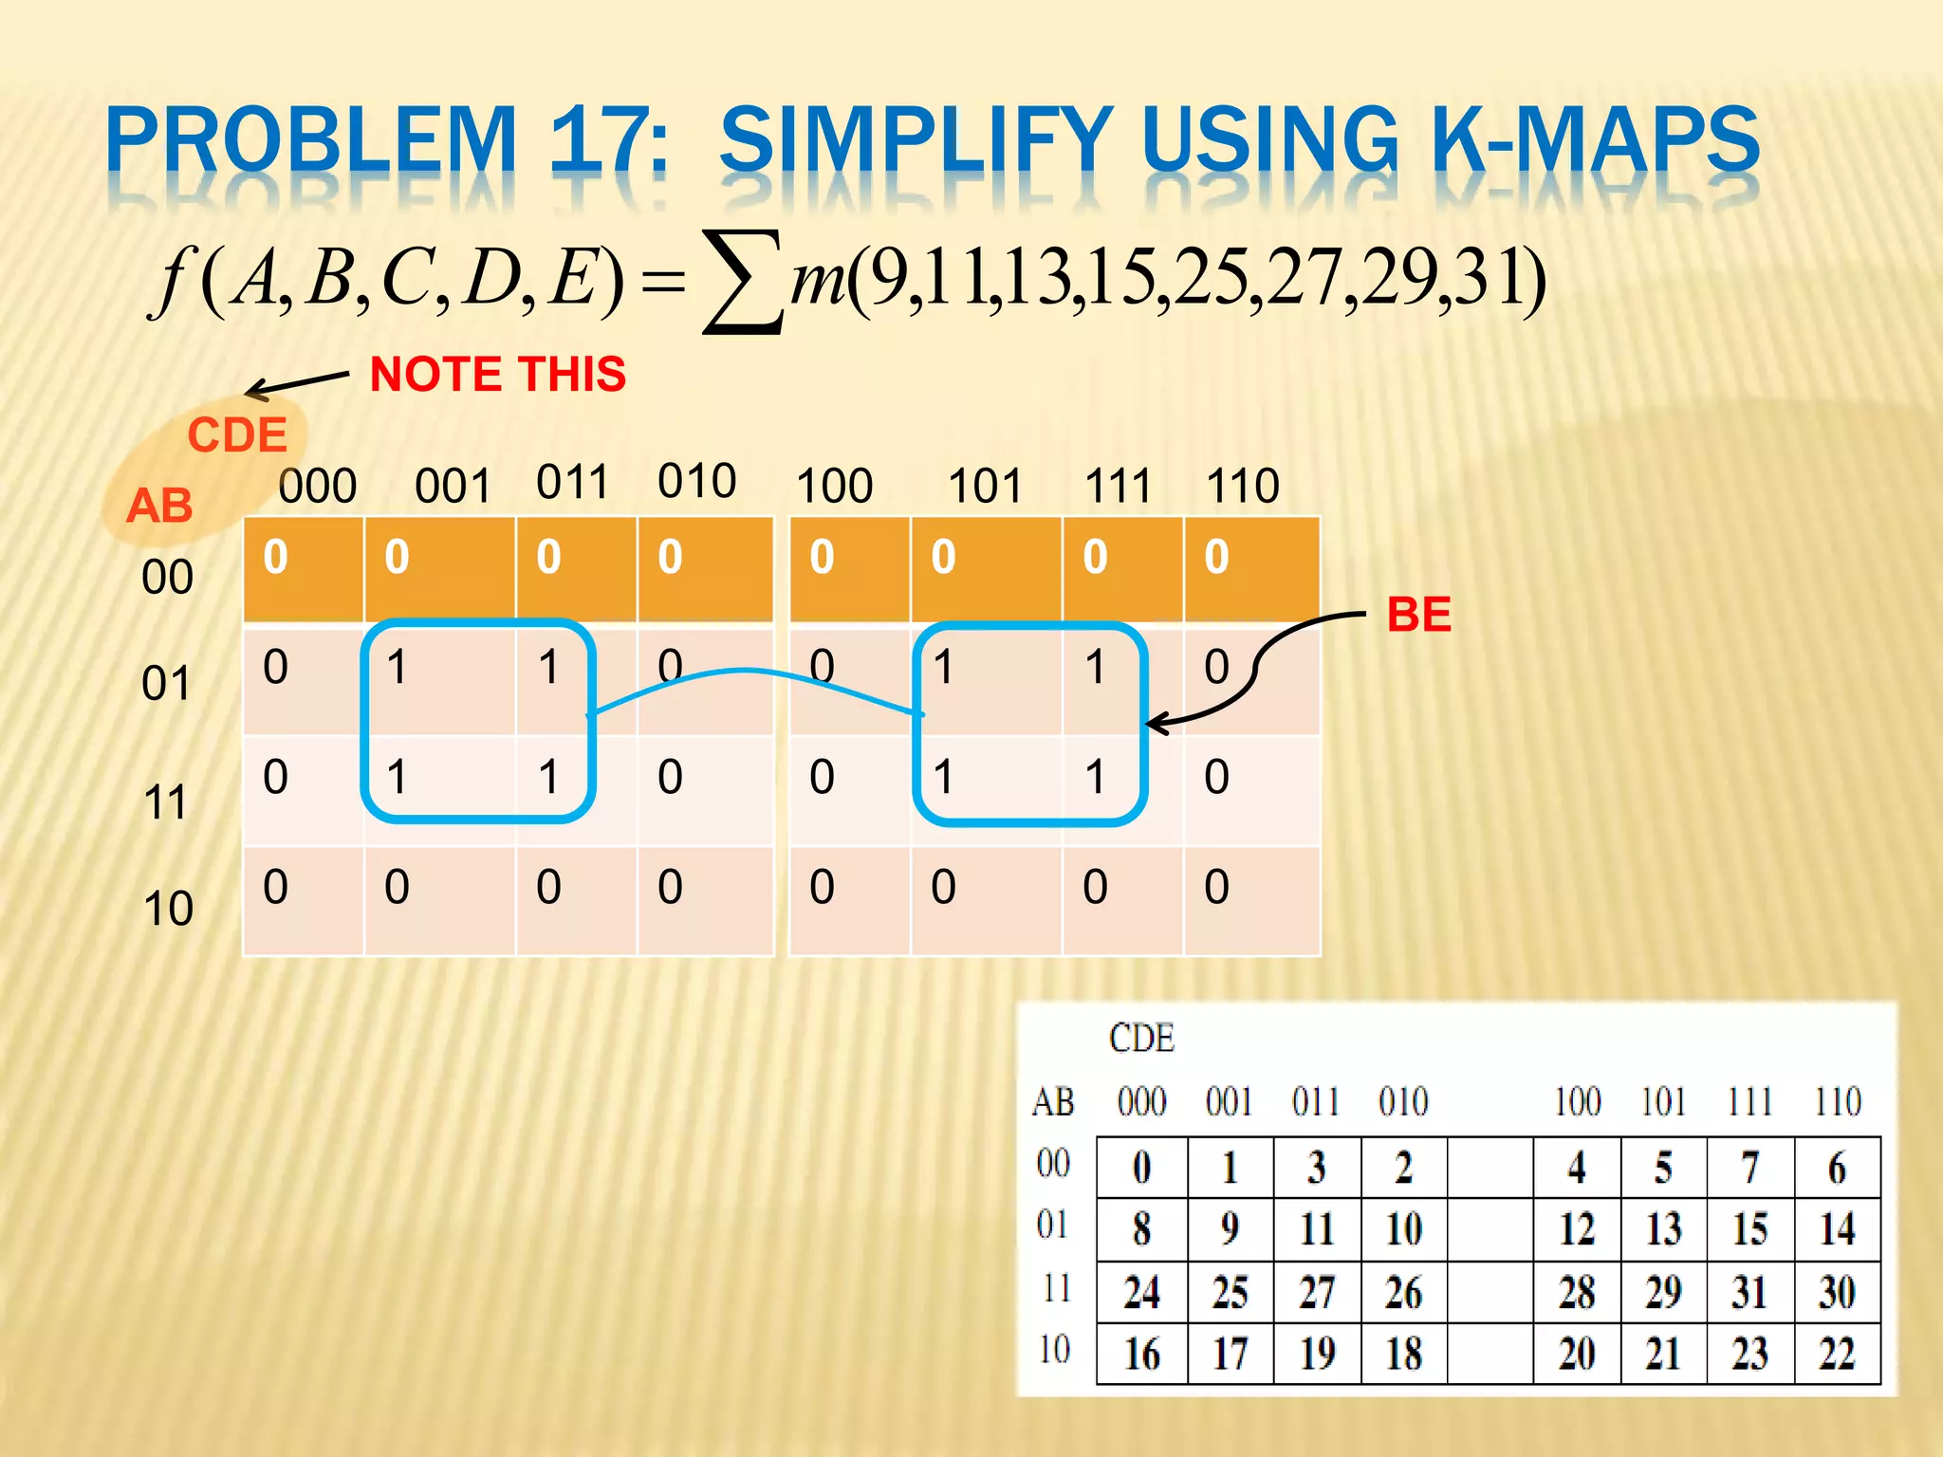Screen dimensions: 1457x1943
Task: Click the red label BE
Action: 1418,615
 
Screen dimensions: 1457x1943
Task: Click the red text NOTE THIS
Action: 498,374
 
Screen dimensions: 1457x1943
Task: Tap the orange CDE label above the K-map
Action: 237,435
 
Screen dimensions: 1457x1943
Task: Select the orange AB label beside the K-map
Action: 159,506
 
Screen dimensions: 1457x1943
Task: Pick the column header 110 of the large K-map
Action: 1243,486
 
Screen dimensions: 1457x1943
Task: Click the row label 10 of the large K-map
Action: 168,908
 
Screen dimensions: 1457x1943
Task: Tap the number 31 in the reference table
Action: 1749,1292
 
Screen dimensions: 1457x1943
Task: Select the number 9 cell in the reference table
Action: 1230,1229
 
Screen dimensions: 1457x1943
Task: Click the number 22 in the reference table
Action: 1837,1354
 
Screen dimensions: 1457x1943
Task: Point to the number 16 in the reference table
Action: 1142,1354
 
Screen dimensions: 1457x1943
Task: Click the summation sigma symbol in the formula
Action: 743,282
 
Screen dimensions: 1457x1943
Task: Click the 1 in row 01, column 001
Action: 397,667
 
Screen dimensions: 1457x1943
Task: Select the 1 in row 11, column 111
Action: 1095,777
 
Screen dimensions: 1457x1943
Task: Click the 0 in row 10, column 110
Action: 1216,887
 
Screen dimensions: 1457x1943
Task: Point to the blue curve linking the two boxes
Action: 754,674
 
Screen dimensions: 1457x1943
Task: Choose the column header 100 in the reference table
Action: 1577,1102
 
